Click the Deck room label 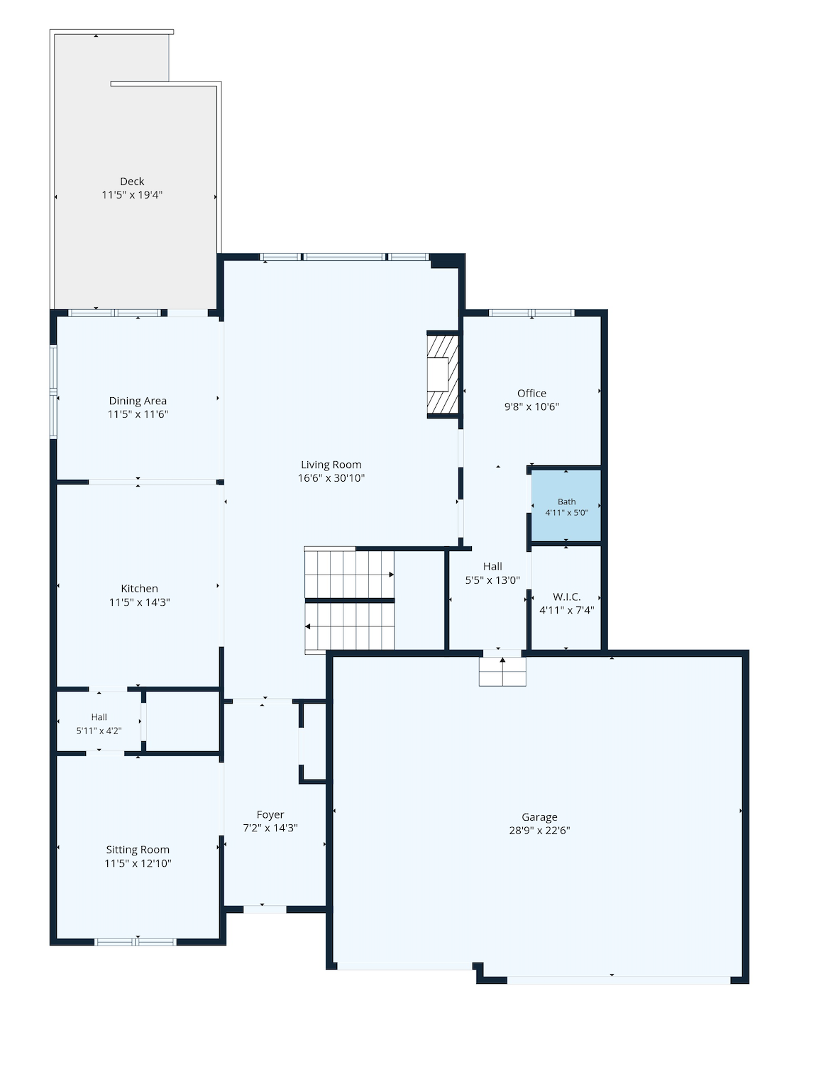(132, 182)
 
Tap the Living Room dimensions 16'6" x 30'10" (331, 477)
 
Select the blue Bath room (566, 506)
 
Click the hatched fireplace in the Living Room (443, 375)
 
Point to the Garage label (539, 817)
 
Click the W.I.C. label (566, 597)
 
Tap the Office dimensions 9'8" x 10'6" (531, 406)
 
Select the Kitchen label (139, 589)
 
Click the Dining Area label (138, 401)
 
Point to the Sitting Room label (138, 850)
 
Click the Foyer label (270, 814)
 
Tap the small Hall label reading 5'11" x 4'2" (99, 731)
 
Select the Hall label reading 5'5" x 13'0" (492, 580)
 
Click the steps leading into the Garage (502, 671)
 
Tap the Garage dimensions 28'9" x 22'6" (539, 831)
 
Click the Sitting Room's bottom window (136, 942)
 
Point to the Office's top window (531, 313)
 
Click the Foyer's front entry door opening (265, 909)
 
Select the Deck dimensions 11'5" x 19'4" (132, 194)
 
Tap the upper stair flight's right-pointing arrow (392, 575)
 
